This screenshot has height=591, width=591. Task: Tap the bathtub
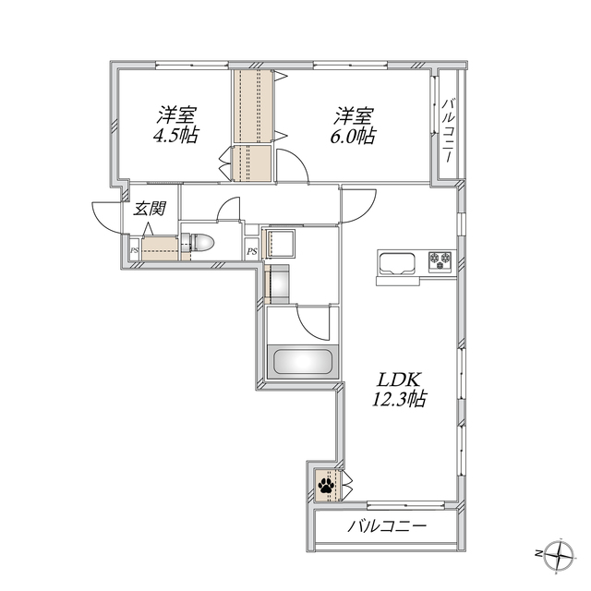303,360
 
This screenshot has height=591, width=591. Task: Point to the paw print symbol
327,483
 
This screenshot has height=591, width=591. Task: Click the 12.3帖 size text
400,401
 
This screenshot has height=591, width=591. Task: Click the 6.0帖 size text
355,136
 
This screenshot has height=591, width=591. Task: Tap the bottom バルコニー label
388,527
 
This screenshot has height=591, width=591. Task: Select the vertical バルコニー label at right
448,129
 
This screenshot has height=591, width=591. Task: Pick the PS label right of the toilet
251,251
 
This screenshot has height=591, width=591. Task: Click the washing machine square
281,245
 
